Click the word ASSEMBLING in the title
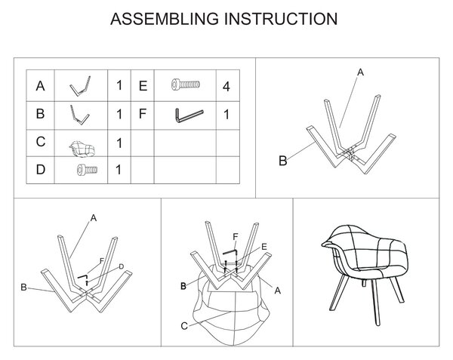point(165,19)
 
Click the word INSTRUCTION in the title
point(281,19)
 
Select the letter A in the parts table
point(40,86)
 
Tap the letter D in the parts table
point(41,170)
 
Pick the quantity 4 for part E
point(226,87)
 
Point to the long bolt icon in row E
point(185,85)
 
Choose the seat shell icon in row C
point(82,149)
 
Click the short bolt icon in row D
point(87,170)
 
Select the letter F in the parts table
point(142,114)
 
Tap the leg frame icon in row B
point(79,115)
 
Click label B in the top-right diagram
point(283,161)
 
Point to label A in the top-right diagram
point(360,72)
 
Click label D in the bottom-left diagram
point(122,266)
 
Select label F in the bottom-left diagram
point(101,261)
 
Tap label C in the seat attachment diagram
point(184,326)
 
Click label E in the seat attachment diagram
point(263,247)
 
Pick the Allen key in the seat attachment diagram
point(230,252)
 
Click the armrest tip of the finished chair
point(325,245)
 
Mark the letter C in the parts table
point(41,142)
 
